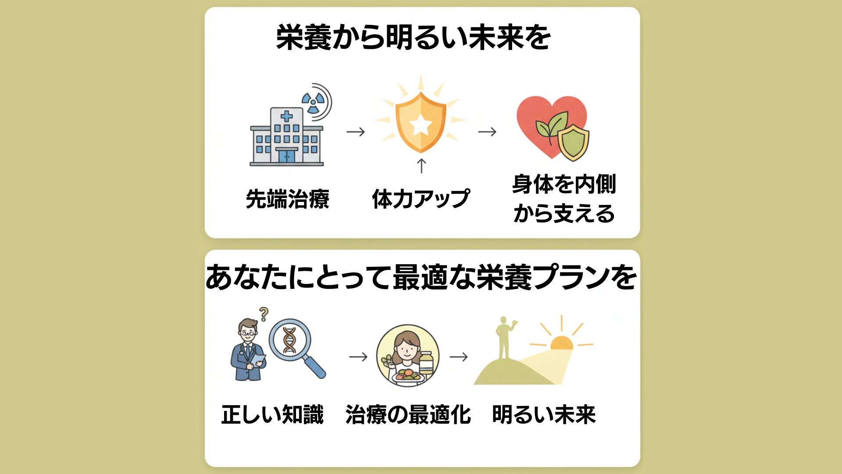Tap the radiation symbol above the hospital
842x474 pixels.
[313, 102]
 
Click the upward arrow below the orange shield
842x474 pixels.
[421, 166]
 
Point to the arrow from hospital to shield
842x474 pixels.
[355, 132]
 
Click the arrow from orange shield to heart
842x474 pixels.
[487, 132]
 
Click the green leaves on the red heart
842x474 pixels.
[550, 125]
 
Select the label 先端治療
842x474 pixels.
[288, 199]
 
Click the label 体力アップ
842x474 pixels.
[421, 199]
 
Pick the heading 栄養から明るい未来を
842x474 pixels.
[413, 37]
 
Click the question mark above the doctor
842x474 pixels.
[264, 314]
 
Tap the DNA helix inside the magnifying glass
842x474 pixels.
[289, 340]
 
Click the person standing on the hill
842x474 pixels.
[504, 338]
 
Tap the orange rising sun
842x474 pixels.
[561, 343]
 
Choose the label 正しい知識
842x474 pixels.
[272, 415]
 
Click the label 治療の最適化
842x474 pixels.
[408, 415]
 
